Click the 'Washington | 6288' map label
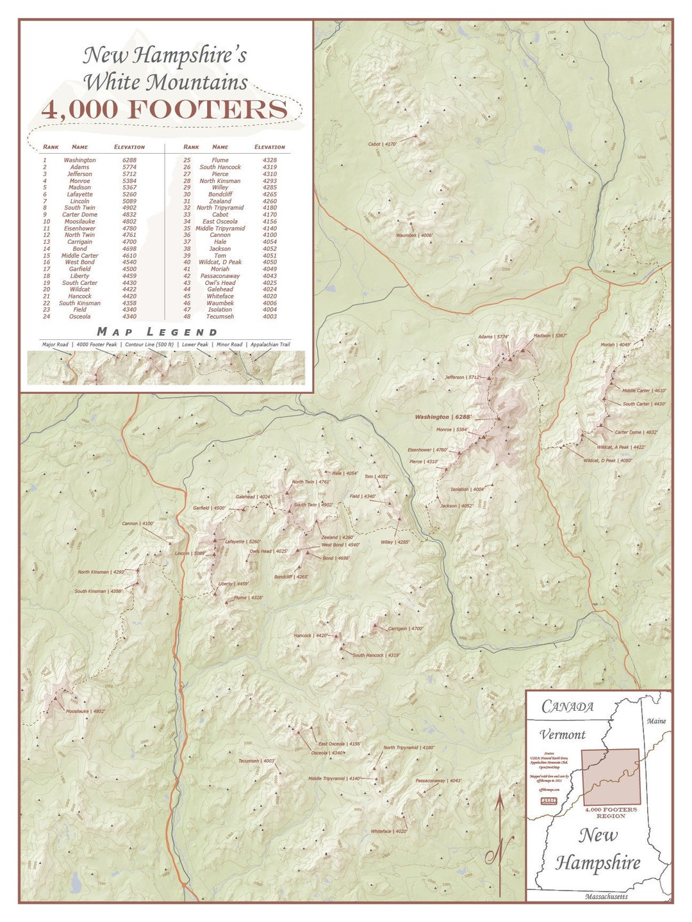tap(443, 417)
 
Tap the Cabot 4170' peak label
tap(383, 144)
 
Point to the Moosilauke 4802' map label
tap(85, 711)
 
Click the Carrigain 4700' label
tap(406, 629)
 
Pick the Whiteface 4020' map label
tap(389, 832)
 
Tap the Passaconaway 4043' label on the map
tap(438, 780)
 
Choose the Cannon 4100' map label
tap(138, 524)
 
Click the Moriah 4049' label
tap(615, 344)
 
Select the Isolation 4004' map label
tap(467, 489)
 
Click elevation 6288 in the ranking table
tap(129, 160)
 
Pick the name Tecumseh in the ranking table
tap(220, 316)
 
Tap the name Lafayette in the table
tap(79, 194)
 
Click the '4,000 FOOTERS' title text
tap(165, 109)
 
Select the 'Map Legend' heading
tap(157, 332)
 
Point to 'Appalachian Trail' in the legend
tap(270, 344)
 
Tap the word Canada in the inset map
tap(567, 706)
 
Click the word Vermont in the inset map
tap(562, 734)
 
